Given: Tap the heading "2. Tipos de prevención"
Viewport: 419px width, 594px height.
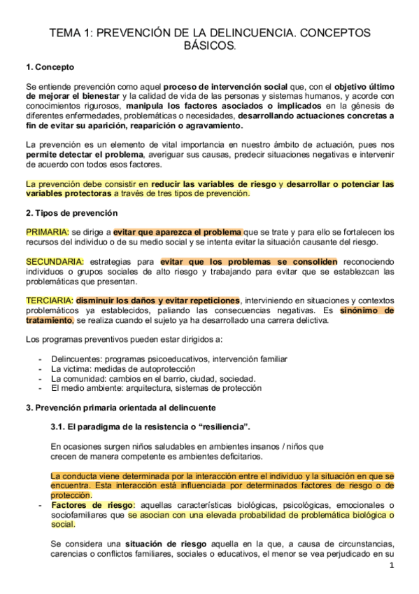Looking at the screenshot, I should click(x=71, y=212).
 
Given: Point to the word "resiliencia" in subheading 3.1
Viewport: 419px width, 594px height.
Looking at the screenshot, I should click(x=224, y=427).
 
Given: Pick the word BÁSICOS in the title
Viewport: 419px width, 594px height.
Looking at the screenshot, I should click(x=208, y=46).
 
